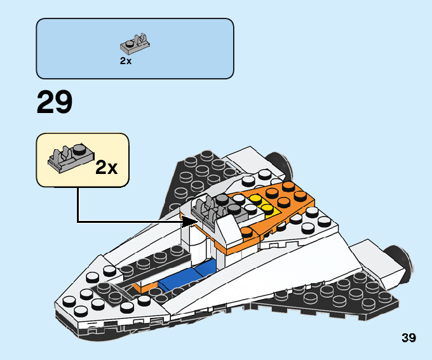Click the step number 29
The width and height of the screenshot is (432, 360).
tap(55, 102)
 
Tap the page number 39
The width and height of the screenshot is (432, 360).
tap(408, 338)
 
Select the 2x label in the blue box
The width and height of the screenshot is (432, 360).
tap(125, 62)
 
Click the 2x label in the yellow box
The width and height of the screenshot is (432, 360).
tap(107, 168)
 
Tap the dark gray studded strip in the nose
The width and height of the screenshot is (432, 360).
tap(152, 260)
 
